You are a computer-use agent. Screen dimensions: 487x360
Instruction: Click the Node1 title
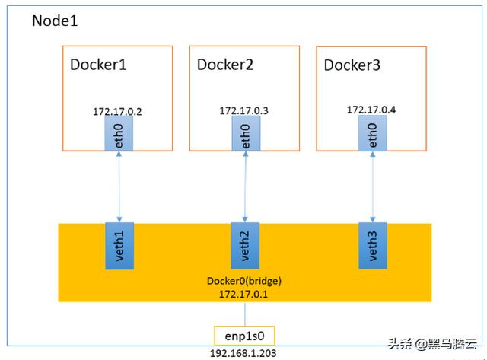point(55,21)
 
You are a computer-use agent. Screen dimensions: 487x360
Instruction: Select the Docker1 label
point(98,65)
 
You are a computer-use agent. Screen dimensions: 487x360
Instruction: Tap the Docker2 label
point(225,65)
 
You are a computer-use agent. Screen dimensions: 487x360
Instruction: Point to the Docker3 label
point(352,65)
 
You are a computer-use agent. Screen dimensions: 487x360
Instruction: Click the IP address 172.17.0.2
point(117,112)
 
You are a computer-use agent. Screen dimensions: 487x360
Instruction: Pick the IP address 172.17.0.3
point(243,110)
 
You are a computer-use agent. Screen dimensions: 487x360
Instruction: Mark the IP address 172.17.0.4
point(371,110)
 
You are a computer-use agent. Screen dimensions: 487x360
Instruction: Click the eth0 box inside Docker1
point(119,133)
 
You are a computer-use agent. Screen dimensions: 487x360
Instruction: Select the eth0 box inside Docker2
point(246,133)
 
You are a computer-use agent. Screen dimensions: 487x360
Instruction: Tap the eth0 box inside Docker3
point(373,133)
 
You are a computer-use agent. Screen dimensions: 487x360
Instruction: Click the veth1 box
point(119,246)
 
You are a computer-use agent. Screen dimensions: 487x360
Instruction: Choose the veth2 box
point(245,245)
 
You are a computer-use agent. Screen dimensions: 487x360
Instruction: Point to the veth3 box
point(373,245)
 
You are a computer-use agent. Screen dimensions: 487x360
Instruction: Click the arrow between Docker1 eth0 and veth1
point(119,186)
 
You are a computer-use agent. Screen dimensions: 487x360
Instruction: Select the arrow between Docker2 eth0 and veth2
point(245,186)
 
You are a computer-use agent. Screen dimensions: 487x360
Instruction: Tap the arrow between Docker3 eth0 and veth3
point(373,186)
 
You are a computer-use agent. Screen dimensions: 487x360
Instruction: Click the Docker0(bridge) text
point(244,281)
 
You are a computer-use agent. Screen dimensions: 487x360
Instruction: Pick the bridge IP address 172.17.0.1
point(243,294)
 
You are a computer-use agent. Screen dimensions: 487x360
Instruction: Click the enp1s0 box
point(244,336)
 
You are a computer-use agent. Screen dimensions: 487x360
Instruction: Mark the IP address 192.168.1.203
point(243,353)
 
